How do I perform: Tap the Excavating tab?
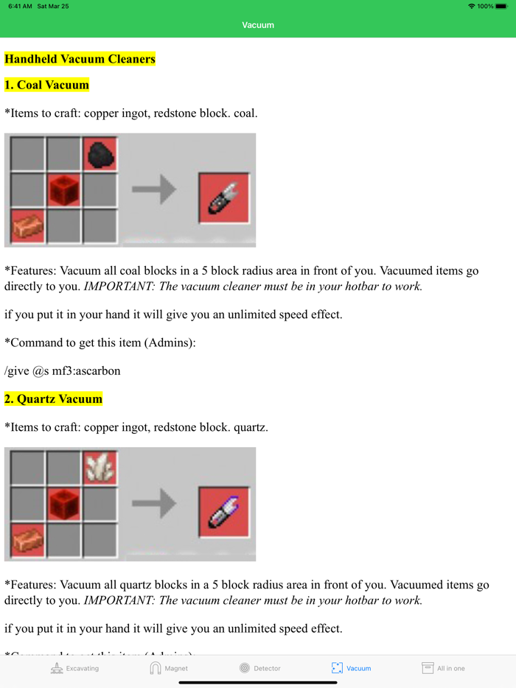[74, 668]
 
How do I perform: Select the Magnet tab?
[169, 668]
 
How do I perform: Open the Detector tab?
[260, 668]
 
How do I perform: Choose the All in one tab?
[443, 668]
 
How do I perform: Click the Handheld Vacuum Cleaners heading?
[80, 59]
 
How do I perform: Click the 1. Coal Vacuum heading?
[46, 85]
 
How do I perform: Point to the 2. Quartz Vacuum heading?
[53, 399]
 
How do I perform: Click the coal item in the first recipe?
[100, 154]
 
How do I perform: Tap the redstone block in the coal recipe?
[64, 190]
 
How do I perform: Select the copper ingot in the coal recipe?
[28, 225]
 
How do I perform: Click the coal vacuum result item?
[225, 197]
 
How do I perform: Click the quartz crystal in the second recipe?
[100, 467]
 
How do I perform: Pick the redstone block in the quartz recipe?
[64, 505]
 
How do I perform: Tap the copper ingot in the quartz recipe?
[28, 540]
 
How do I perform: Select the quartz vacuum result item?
[225, 511]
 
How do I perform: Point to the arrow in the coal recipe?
[154, 190]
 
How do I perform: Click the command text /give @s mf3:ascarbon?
[62, 371]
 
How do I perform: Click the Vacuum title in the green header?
[258, 25]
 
